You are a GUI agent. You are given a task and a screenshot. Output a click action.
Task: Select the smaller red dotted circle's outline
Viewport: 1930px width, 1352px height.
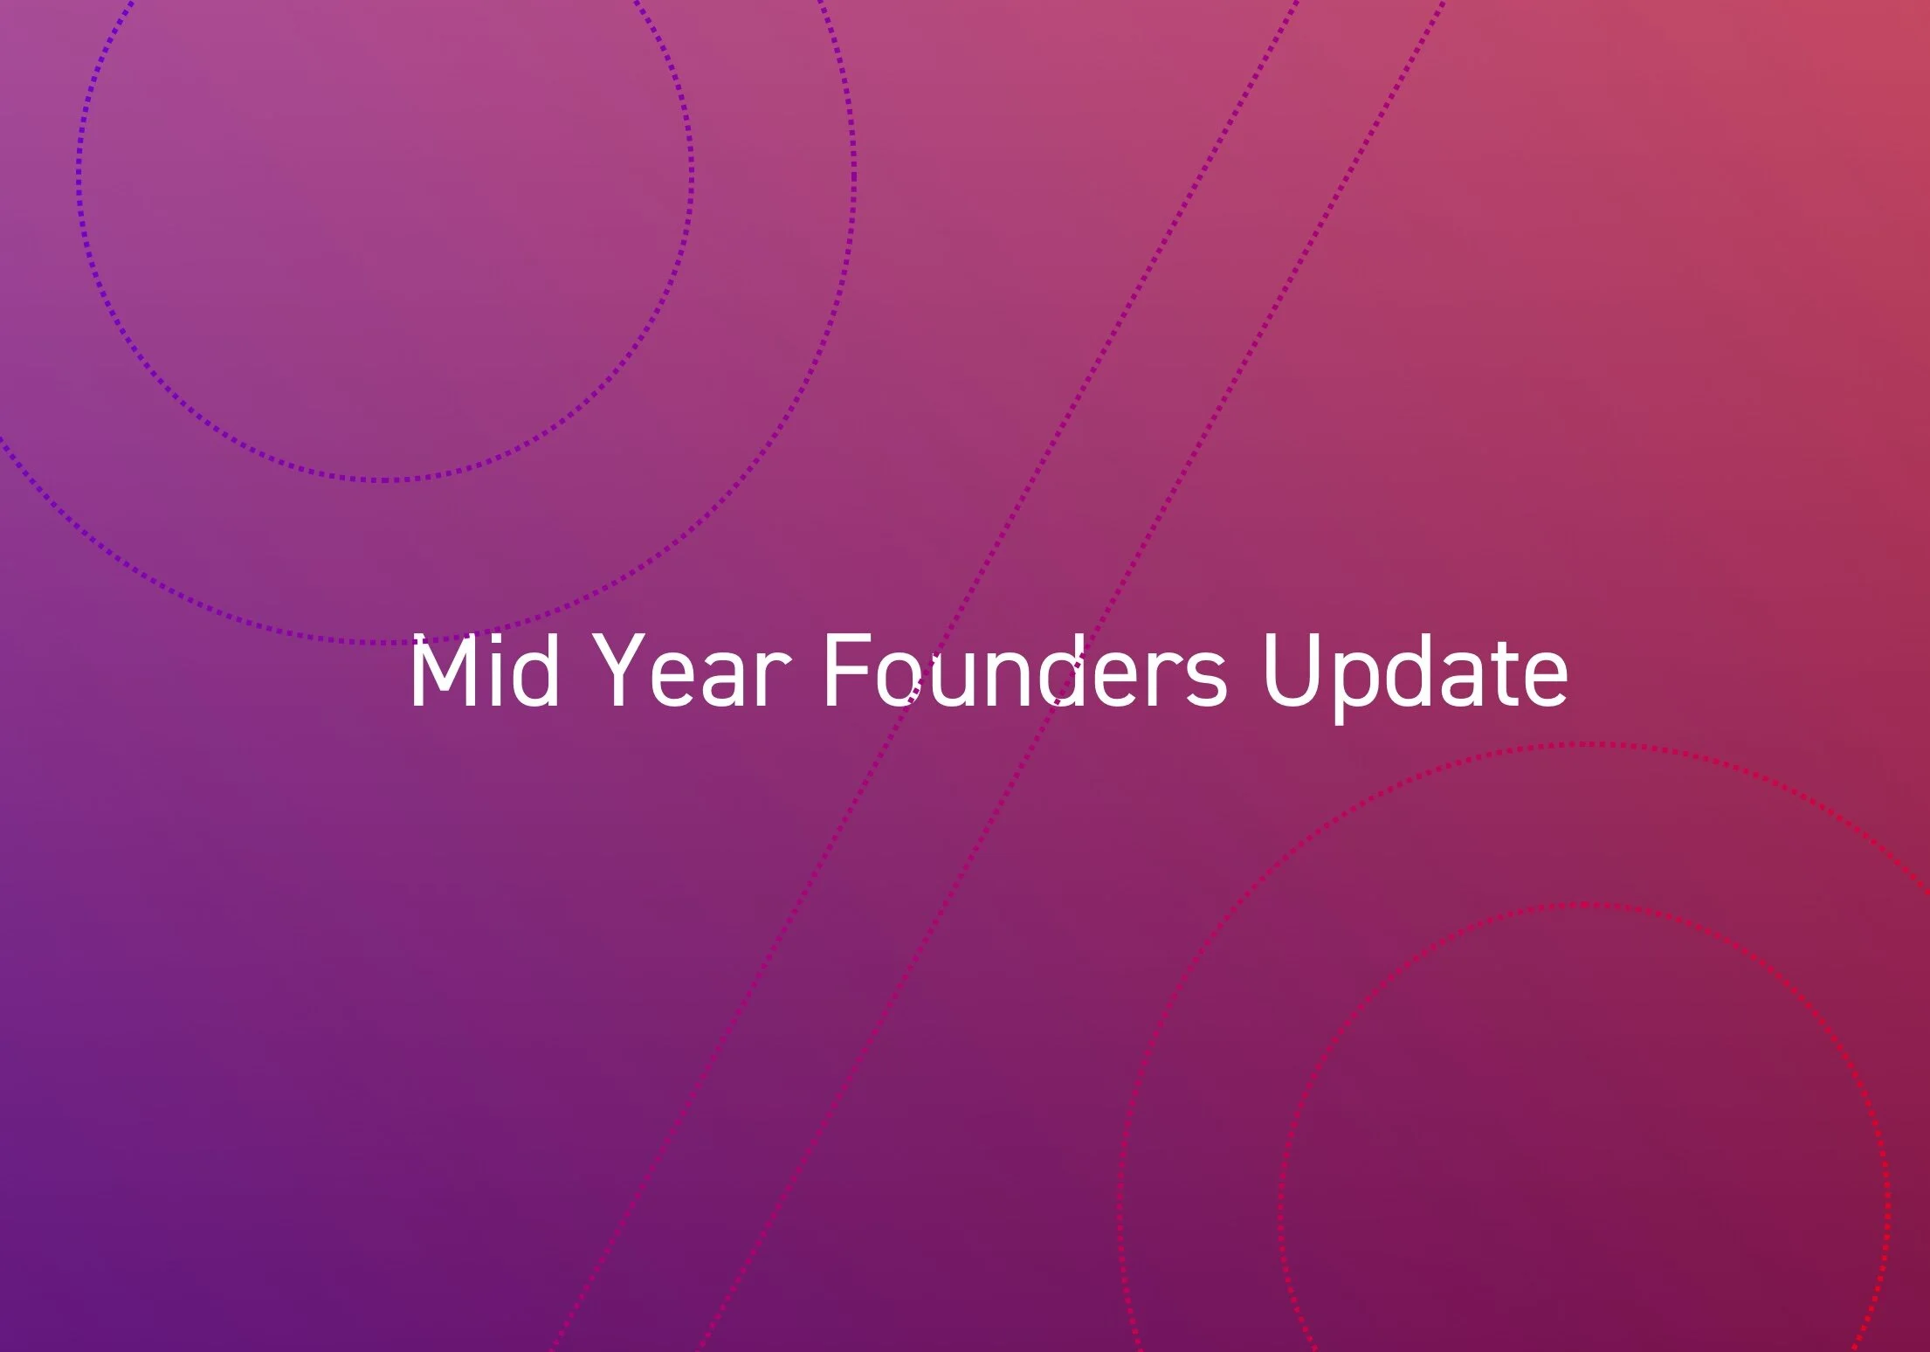[1280, 1205]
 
